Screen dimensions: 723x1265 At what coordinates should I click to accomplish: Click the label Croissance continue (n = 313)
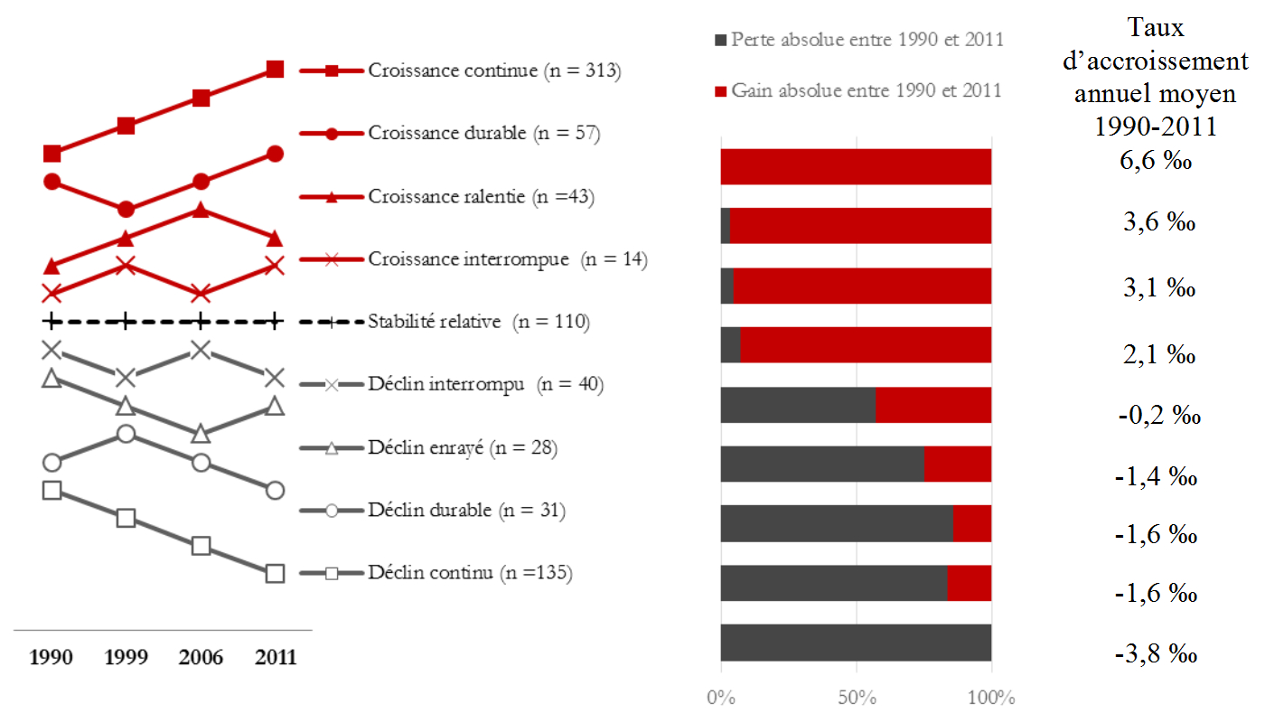(494, 70)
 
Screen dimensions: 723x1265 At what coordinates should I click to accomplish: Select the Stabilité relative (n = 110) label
(479, 322)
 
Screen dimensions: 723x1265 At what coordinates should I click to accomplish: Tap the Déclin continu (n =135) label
(470, 573)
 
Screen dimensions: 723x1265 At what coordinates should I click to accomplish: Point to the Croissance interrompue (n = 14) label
(508, 259)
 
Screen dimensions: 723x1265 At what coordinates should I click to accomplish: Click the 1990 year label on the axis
(52, 657)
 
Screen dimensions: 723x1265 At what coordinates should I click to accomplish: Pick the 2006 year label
(201, 657)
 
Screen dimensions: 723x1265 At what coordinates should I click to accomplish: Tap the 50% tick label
(856, 699)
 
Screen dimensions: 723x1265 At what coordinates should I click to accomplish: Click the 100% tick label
(991, 699)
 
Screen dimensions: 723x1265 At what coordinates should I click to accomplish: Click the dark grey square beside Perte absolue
(720, 40)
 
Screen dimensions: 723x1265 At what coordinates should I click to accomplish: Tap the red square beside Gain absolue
(720, 90)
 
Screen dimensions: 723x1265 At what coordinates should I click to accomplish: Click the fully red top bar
(856, 166)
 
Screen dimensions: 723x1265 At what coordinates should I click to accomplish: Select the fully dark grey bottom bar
(856, 643)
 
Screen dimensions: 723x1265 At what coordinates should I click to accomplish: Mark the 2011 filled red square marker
(276, 70)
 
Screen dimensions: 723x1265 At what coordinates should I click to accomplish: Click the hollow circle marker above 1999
(126, 435)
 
